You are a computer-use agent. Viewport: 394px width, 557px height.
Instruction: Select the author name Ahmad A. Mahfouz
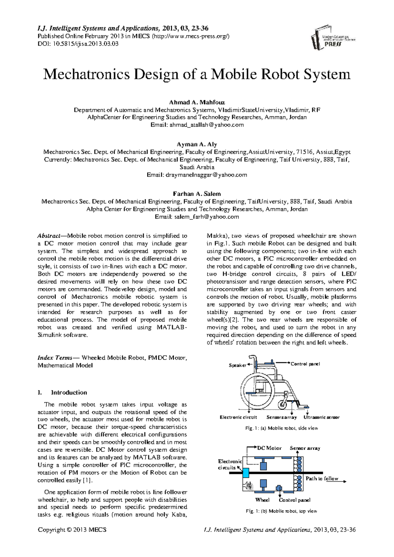[x=197, y=102]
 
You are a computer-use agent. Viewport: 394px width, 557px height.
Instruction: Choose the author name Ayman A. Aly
[x=197, y=144]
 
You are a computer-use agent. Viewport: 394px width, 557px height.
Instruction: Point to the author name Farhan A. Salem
[x=197, y=193]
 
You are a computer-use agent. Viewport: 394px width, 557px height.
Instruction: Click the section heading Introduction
[x=69, y=392]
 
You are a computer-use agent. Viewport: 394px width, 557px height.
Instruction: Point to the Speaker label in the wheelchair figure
[x=237, y=365]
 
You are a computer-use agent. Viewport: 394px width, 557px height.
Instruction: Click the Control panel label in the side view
[x=305, y=364]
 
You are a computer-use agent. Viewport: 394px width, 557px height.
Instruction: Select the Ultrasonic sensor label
[x=321, y=417]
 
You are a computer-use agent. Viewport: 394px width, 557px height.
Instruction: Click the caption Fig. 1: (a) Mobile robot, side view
[x=281, y=428]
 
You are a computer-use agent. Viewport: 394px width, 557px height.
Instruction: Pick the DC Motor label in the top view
[x=269, y=448]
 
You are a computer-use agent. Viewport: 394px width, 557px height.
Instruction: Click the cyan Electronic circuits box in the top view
[x=245, y=473]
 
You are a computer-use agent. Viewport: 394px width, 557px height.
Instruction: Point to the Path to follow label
[x=322, y=479]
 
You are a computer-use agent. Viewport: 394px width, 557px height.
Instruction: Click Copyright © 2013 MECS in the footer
[x=72, y=530]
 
